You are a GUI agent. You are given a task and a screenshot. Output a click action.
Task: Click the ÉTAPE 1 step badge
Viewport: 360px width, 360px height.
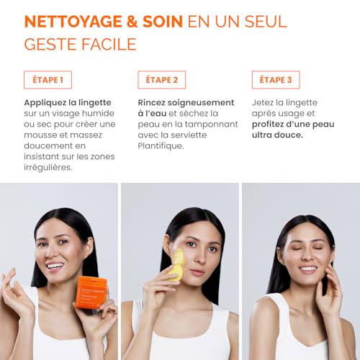coord(48,79)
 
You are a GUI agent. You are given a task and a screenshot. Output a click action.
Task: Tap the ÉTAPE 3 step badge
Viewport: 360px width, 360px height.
coord(276,79)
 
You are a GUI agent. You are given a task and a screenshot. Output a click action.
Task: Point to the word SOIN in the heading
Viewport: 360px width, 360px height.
coord(160,20)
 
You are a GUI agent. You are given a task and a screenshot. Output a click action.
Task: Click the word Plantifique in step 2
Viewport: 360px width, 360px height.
coord(162,145)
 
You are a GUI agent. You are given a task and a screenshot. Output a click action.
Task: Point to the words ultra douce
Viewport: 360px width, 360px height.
coord(277,135)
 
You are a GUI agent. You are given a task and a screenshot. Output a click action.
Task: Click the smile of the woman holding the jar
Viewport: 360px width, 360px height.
coord(55,266)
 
